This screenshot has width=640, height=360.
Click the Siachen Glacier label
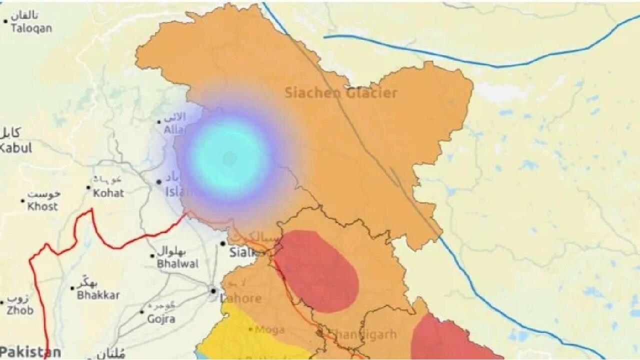coord(341,92)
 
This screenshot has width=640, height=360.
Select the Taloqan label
coord(31,28)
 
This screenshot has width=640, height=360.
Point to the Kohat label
coord(108,193)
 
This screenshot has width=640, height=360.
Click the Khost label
coord(42,206)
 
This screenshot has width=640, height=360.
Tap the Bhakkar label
coord(98,295)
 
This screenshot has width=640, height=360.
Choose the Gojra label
coord(160,318)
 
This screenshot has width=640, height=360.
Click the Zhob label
coord(20,310)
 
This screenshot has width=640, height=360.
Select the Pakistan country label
coord(30,351)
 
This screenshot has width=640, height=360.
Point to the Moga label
coord(269,329)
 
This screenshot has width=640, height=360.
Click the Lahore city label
coord(241,298)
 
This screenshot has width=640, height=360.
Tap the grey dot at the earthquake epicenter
coord(229,159)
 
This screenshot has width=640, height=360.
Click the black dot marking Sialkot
coord(223,244)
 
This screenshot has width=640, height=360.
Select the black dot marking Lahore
coord(213,290)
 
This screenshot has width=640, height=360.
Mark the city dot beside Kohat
coord(88,188)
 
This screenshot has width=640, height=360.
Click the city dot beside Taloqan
coord(5,21)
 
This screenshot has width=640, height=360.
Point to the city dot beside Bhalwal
coord(152,256)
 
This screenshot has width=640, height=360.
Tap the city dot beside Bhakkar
coord(72,288)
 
